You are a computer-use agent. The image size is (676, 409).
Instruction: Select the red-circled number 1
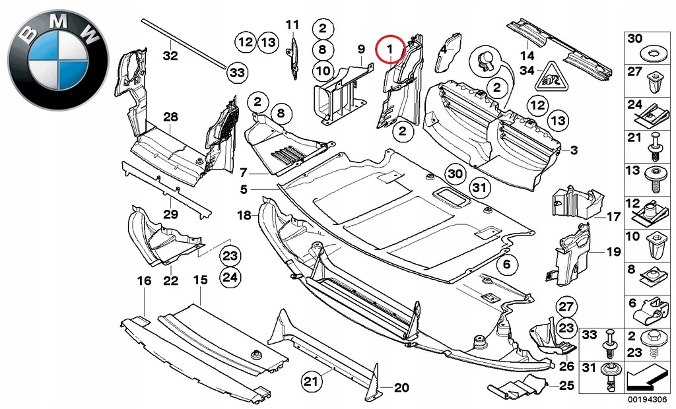(x=390, y=49)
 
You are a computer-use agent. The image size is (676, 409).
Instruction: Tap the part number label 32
(x=170, y=56)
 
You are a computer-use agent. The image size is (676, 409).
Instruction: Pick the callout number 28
(x=171, y=117)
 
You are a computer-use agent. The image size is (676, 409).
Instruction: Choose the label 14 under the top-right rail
(x=526, y=55)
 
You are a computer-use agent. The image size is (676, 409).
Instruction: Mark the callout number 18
(x=244, y=215)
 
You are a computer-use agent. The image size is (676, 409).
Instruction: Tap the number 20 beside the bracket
(x=401, y=387)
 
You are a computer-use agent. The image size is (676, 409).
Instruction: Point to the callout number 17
(x=613, y=216)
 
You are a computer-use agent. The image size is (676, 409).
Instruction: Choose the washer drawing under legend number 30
(x=635, y=52)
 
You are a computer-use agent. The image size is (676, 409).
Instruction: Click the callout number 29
(x=171, y=214)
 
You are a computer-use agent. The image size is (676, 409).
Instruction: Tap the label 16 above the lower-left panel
(x=144, y=282)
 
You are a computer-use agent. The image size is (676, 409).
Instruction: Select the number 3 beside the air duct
(x=574, y=151)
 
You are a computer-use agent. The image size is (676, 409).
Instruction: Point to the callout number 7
(x=244, y=173)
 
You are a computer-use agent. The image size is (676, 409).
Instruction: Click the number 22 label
(x=171, y=282)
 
